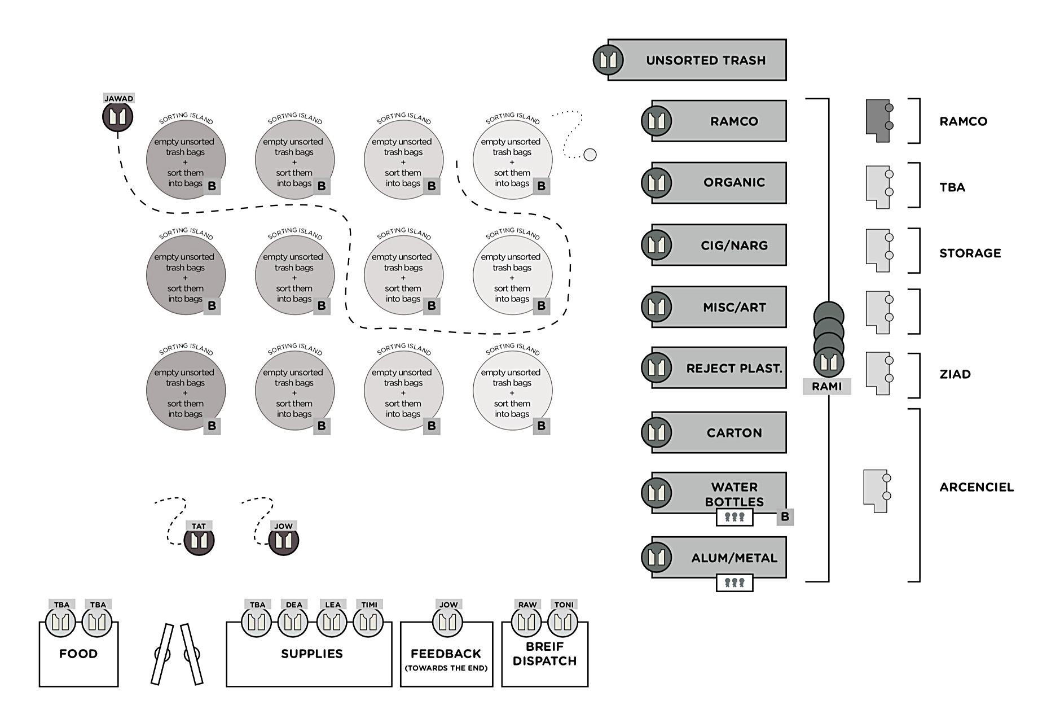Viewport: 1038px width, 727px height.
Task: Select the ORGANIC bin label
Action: tap(734, 182)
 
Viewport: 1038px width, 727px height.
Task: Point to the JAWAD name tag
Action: tap(118, 98)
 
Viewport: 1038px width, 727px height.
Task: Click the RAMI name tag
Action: tap(826, 387)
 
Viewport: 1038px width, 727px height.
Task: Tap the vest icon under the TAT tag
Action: tap(199, 541)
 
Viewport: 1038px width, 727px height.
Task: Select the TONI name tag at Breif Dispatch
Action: tap(564, 605)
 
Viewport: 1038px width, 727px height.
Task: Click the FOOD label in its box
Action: tap(78, 654)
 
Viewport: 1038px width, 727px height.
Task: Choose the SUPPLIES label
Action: tap(311, 654)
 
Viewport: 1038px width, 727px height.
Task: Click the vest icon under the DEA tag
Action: tap(293, 623)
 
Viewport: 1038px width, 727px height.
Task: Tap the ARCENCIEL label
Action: tap(976, 487)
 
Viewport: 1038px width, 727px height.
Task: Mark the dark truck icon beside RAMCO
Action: tap(878, 121)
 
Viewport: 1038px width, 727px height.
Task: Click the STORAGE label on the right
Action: tap(970, 253)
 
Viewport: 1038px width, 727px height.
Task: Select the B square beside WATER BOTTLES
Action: tap(785, 516)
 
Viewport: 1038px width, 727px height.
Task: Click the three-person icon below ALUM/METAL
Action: tap(734, 583)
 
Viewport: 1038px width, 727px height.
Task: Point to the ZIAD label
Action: tap(955, 374)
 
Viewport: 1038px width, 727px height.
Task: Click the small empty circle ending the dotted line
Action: tap(590, 155)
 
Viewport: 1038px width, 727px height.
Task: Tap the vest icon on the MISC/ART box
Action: tap(656, 307)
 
